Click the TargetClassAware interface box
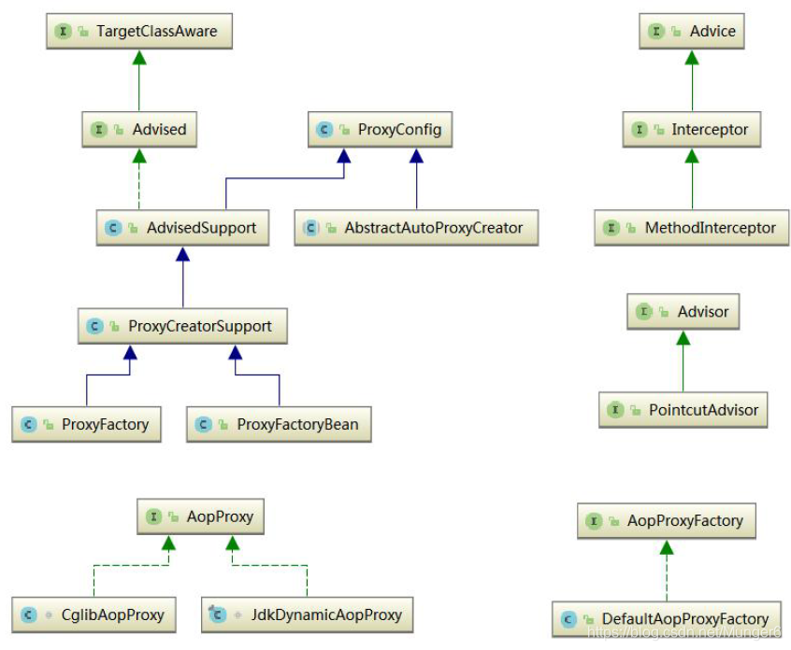tap(138, 32)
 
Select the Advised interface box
tap(139, 130)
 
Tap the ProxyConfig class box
tap(381, 130)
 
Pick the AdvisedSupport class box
tap(182, 228)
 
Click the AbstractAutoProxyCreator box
tap(416, 228)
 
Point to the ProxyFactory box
tap(86, 425)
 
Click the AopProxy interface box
tap(200, 516)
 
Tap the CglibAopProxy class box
tap(93, 615)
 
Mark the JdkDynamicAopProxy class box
tap(307, 615)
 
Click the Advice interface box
tap(692, 32)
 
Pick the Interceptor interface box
tap(692, 130)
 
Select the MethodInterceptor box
tap(691, 228)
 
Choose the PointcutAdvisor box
tap(683, 410)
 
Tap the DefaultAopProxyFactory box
tap(667, 618)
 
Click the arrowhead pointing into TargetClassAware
tap(139, 57)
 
